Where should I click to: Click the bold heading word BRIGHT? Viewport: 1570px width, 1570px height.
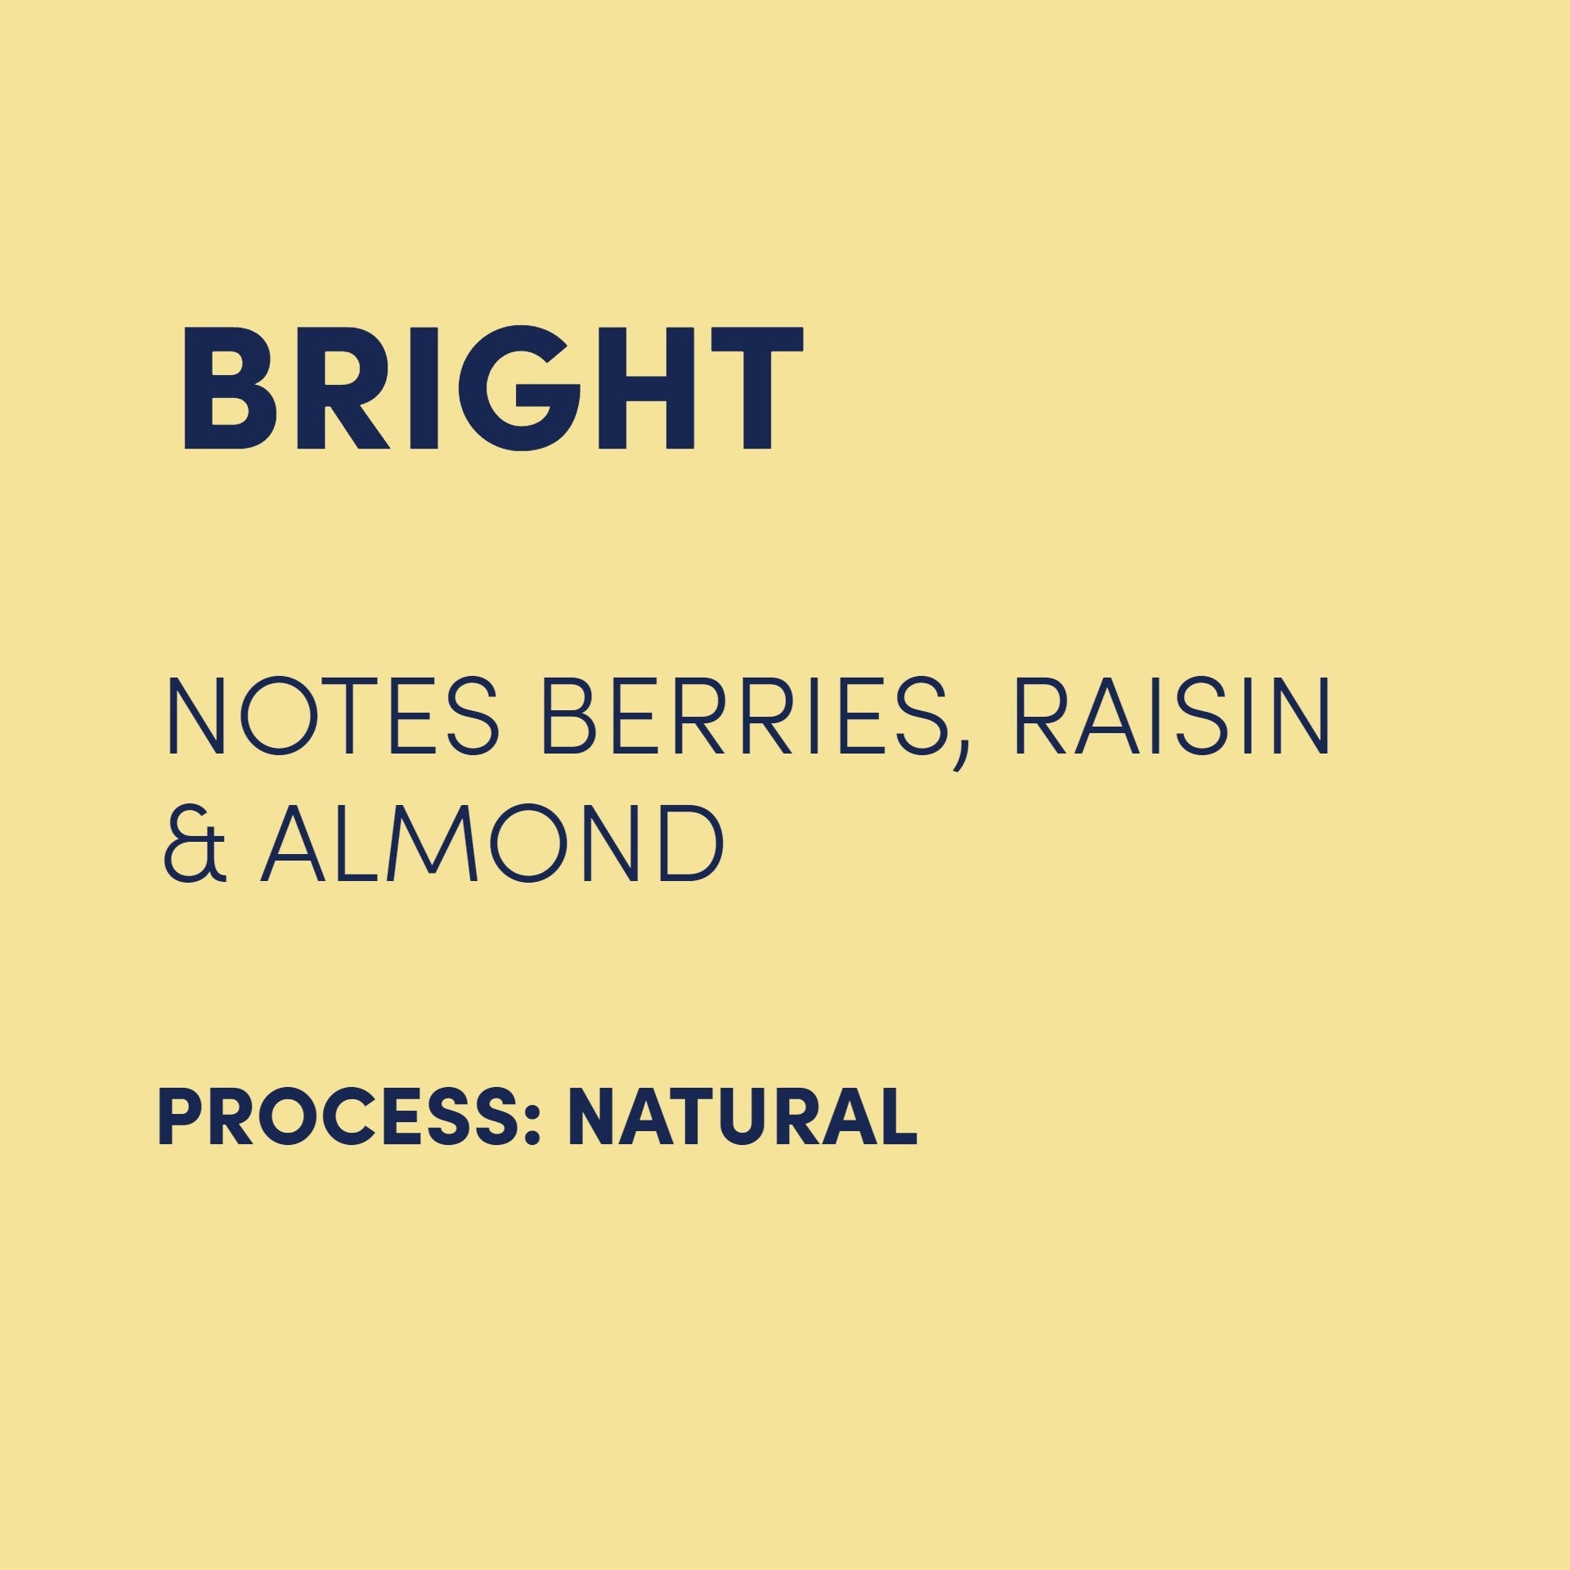[493, 387]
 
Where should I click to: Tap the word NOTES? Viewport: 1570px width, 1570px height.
[332, 716]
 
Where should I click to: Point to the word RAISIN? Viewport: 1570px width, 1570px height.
[1171, 716]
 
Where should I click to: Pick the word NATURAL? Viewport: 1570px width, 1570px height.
[742, 1117]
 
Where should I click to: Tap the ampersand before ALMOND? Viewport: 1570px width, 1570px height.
[195, 843]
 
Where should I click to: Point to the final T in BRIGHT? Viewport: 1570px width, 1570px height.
[757, 388]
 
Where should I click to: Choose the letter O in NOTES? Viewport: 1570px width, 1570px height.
[280, 716]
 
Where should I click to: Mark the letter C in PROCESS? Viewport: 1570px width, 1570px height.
[340, 1117]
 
